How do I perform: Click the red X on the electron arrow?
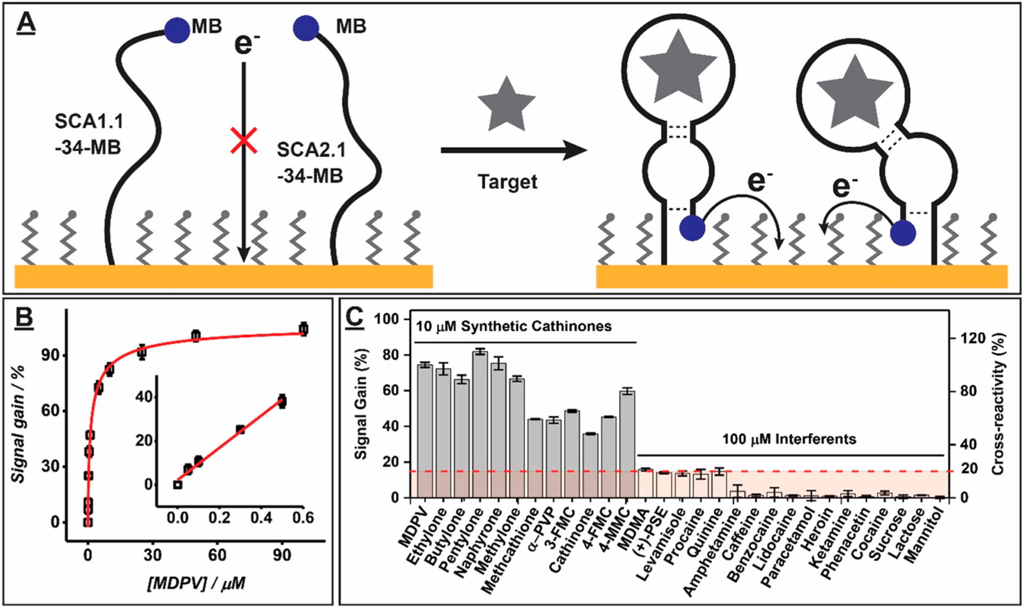pyautogui.click(x=244, y=141)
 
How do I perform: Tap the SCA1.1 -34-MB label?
pyautogui.click(x=89, y=134)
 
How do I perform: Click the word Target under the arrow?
pyautogui.click(x=507, y=182)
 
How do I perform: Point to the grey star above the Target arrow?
pyautogui.click(x=506, y=105)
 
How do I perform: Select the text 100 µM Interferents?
pyautogui.click(x=789, y=439)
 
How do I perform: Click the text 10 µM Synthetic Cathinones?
pyautogui.click(x=514, y=326)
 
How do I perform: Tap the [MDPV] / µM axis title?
pyautogui.click(x=196, y=583)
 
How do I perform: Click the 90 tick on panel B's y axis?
pyautogui.click(x=51, y=355)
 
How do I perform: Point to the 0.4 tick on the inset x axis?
pyautogui.click(x=261, y=517)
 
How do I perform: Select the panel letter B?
pyautogui.click(x=24, y=318)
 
